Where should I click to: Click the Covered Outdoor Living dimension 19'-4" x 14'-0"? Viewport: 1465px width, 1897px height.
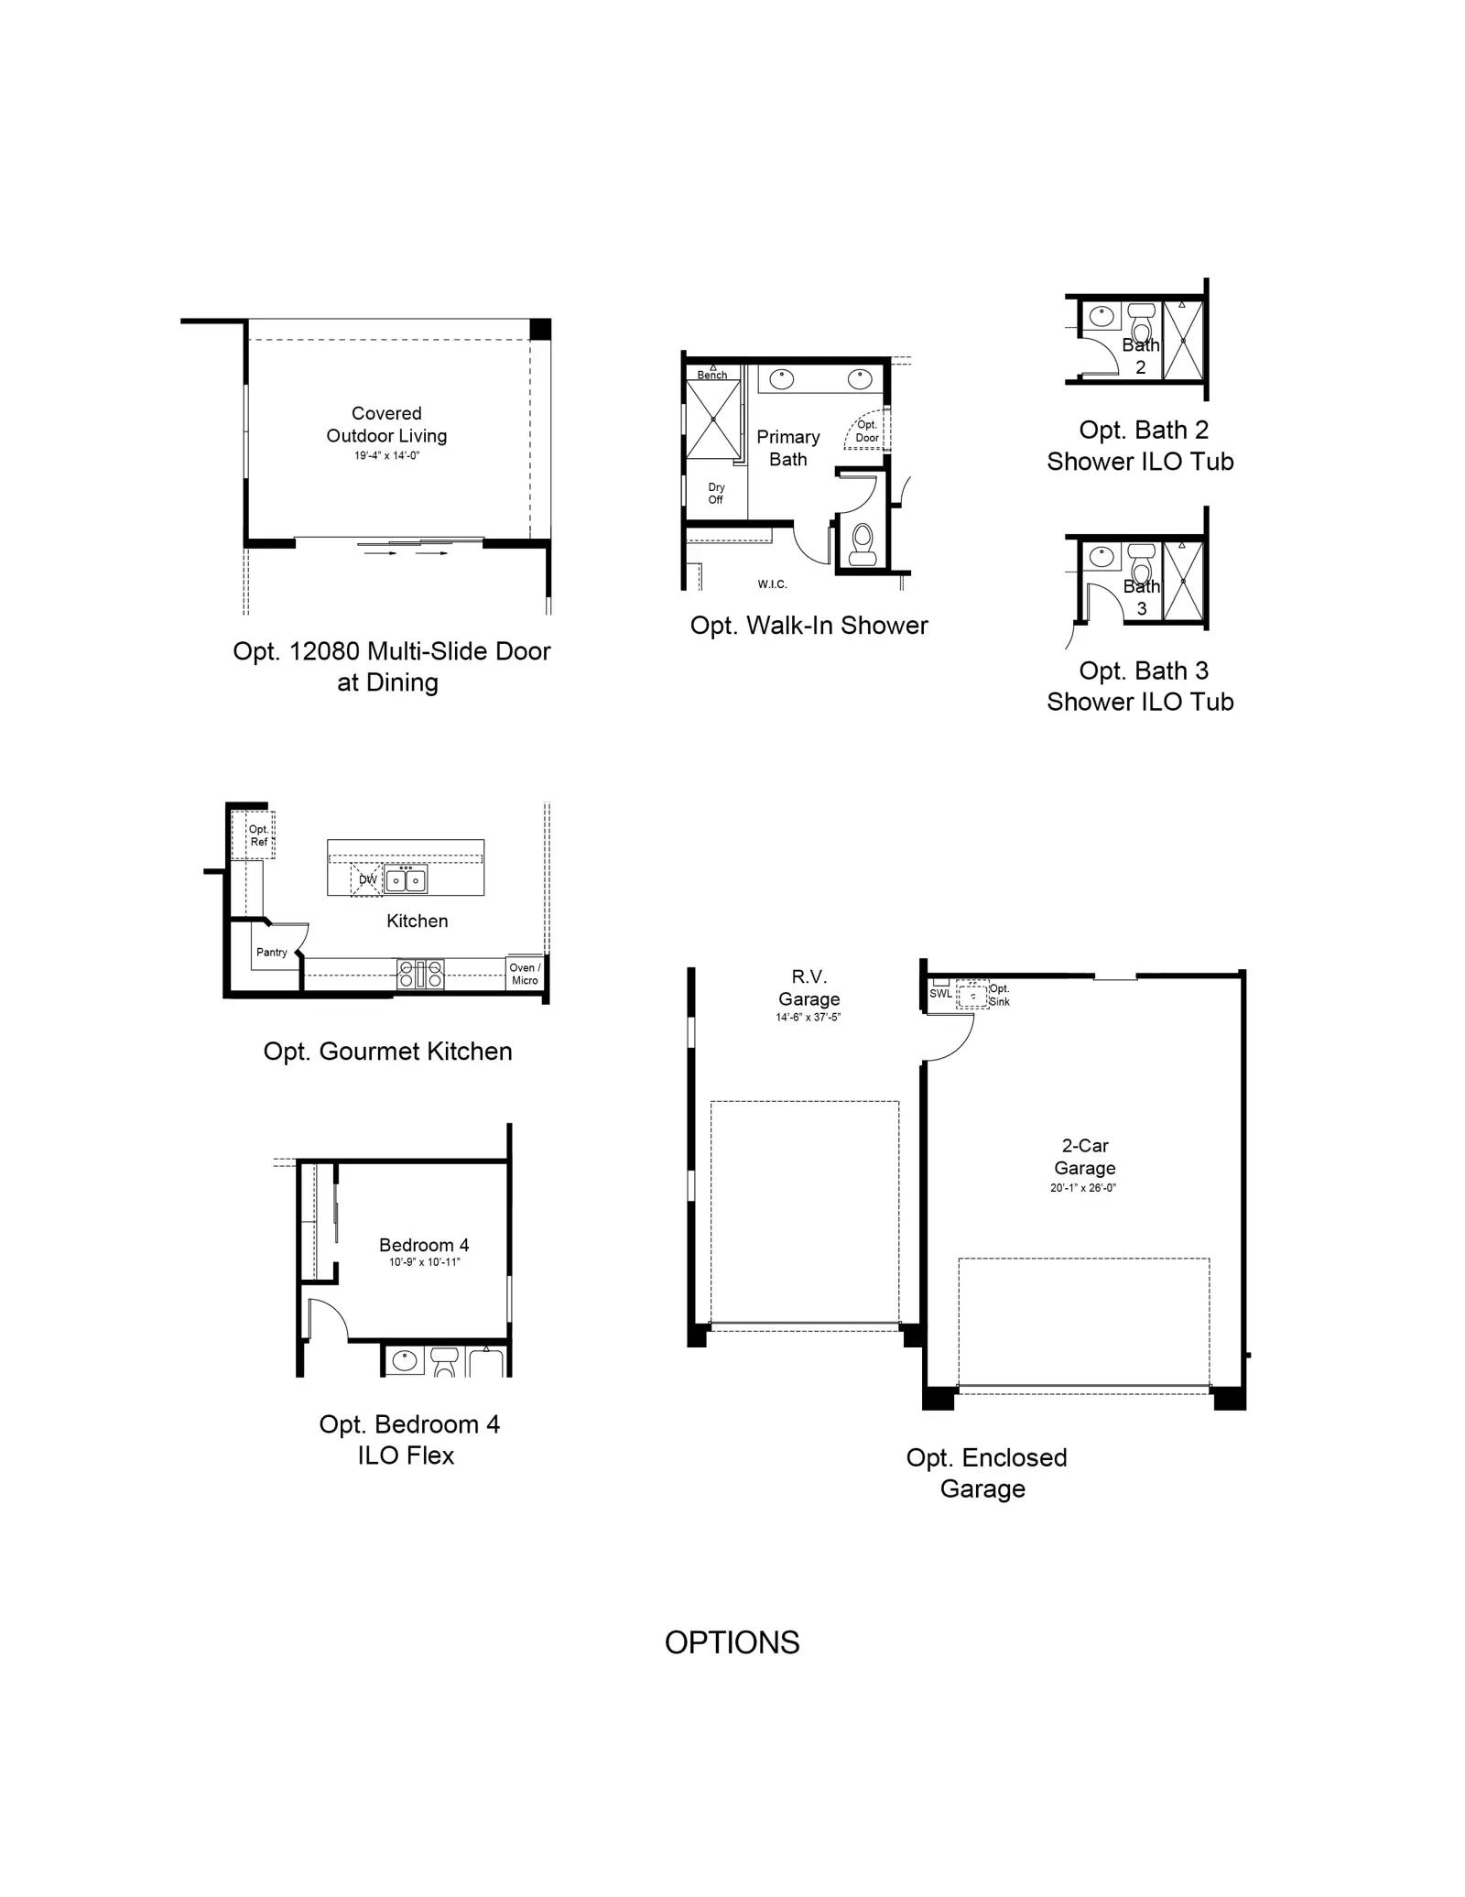386,455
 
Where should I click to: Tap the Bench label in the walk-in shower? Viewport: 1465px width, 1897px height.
712,375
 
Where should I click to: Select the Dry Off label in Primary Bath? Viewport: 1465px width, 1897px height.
716,494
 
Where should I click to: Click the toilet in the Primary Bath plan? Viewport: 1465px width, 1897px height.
863,545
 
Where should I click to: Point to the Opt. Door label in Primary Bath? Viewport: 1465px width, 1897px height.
867,431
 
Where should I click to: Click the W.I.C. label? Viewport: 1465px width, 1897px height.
772,584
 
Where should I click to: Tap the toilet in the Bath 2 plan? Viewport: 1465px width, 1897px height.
1141,323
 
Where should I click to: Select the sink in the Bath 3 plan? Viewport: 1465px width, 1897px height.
1101,556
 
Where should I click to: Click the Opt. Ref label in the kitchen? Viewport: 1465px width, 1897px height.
259,835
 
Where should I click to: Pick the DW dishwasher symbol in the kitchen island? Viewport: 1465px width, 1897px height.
367,879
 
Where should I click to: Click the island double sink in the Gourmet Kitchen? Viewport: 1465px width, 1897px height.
406,880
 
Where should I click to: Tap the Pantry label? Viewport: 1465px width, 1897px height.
272,953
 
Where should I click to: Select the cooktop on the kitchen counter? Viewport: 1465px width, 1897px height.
420,974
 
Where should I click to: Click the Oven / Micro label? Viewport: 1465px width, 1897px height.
525,974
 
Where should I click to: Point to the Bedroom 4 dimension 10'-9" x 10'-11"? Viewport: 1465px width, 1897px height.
424,1262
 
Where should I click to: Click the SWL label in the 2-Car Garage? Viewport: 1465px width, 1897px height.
941,994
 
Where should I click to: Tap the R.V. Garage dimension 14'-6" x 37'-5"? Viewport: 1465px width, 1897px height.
808,1017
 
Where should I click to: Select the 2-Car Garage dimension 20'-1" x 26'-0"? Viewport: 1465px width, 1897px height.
1083,1188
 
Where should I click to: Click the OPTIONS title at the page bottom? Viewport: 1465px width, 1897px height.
732,1642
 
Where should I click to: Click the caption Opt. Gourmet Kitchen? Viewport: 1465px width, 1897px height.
387,1052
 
